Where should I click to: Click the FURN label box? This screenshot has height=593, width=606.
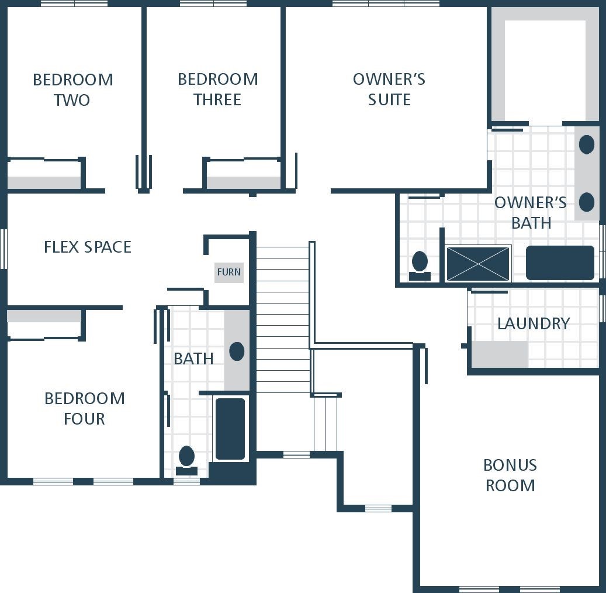click(x=229, y=273)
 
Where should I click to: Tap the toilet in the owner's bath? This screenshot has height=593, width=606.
click(x=420, y=266)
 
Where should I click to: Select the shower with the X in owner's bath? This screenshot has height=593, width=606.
click(x=478, y=263)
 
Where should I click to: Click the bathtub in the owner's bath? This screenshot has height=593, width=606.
click(x=560, y=263)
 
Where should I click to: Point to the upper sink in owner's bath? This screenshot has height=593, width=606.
click(x=587, y=144)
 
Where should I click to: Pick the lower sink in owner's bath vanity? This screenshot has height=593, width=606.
click(x=587, y=202)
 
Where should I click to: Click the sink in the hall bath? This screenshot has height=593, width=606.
click(x=237, y=351)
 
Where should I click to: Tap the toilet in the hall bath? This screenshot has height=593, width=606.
click(x=186, y=460)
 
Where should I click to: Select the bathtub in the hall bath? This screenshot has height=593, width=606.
click(x=230, y=429)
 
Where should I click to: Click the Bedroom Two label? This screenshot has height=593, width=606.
click(x=72, y=89)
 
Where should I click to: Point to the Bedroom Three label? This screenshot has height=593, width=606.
click(x=217, y=89)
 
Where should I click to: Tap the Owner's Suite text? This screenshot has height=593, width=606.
click(x=389, y=89)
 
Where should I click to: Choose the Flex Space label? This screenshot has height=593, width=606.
click(x=88, y=247)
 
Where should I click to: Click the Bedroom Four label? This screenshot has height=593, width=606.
click(x=85, y=408)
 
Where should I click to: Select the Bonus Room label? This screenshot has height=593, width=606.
click(x=510, y=475)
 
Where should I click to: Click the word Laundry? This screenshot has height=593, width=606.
click(x=534, y=324)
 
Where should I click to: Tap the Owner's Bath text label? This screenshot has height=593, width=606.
click(x=531, y=213)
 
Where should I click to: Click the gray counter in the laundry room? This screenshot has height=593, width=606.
click(x=500, y=354)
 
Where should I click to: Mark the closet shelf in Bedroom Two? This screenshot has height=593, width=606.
click(x=44, y=182)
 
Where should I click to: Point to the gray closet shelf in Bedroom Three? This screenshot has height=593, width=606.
click(x=244, y=183)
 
